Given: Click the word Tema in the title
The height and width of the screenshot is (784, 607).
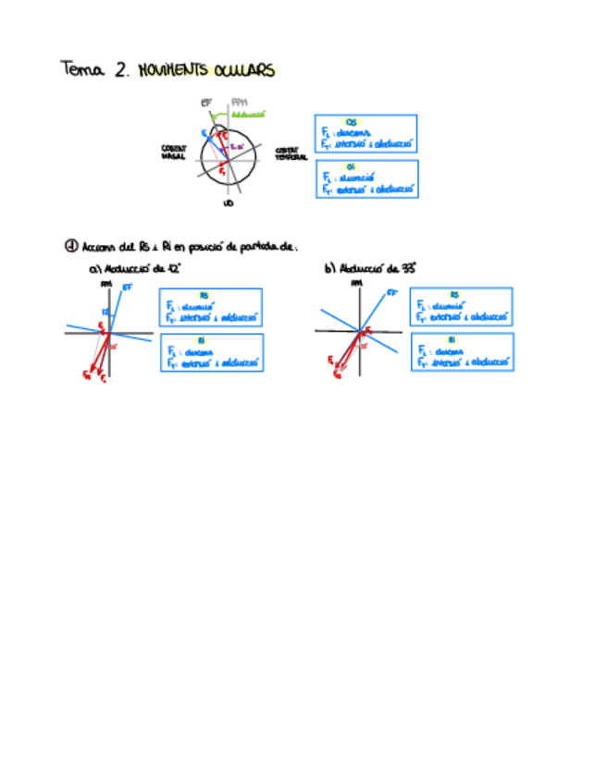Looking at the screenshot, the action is (x=84, y=70).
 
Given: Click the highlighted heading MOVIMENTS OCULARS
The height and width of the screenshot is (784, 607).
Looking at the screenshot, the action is (x=205, y=70).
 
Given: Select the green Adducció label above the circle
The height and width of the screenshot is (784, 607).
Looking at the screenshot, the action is (x=249, y=114).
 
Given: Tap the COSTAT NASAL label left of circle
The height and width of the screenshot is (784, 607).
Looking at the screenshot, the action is (x=174, y=153).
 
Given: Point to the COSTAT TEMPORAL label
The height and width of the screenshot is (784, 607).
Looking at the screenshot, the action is (x=291, y=153).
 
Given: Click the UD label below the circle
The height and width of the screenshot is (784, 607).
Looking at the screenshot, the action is (x=228, y=203).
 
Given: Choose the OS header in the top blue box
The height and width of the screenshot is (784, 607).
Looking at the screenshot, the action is (x=352, y=121).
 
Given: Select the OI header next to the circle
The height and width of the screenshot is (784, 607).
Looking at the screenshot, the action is (x=352, y=167).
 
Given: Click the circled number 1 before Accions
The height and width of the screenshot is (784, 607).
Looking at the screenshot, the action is (x=71, y=246).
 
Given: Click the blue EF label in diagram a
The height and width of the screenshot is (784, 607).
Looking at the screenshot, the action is (x=127, y=288).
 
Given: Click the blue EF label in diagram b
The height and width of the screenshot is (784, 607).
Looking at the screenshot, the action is (x=392, y=292).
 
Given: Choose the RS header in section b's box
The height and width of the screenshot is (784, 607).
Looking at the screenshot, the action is (x=454, y=295).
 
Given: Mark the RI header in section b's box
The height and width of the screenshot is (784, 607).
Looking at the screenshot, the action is (x=454, y=341).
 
